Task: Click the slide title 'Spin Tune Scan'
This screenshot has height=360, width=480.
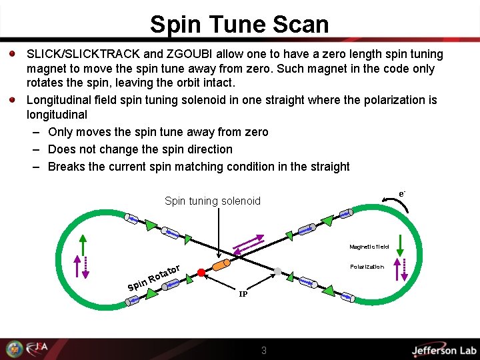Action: pos(239,24)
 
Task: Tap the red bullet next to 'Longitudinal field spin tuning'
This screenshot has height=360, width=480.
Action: pos(13,100)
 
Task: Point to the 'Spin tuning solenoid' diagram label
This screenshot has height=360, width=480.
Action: pos(212,201)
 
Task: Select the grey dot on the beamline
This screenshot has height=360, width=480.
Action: pos(279,271)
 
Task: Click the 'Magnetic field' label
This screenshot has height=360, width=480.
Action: pos(369,247)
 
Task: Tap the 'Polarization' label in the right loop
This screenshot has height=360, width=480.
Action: pos(367,267)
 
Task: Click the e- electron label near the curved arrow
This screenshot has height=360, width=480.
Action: pos(402,193)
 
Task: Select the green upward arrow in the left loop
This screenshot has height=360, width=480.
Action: pos(82,246)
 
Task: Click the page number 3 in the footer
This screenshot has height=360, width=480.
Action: pos(264,350)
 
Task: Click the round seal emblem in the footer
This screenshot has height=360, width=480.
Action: pos(14,349)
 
